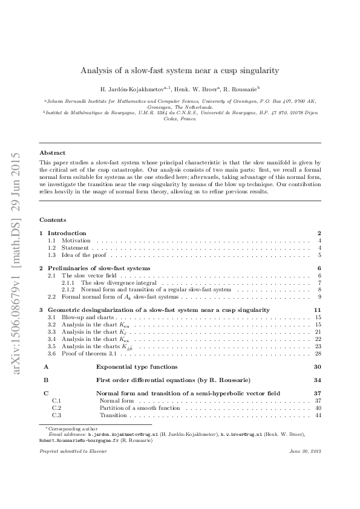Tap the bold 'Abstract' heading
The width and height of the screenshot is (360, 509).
tap(52, 153)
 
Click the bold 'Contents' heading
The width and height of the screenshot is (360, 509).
tap(53, 219)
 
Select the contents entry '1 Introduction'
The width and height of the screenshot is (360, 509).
tap(67, 233)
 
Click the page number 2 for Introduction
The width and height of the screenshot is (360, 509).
tap(318, 233)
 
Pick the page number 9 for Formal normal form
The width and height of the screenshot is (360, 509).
tap(318, 297)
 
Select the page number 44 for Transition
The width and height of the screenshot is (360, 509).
tap(317, 415)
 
